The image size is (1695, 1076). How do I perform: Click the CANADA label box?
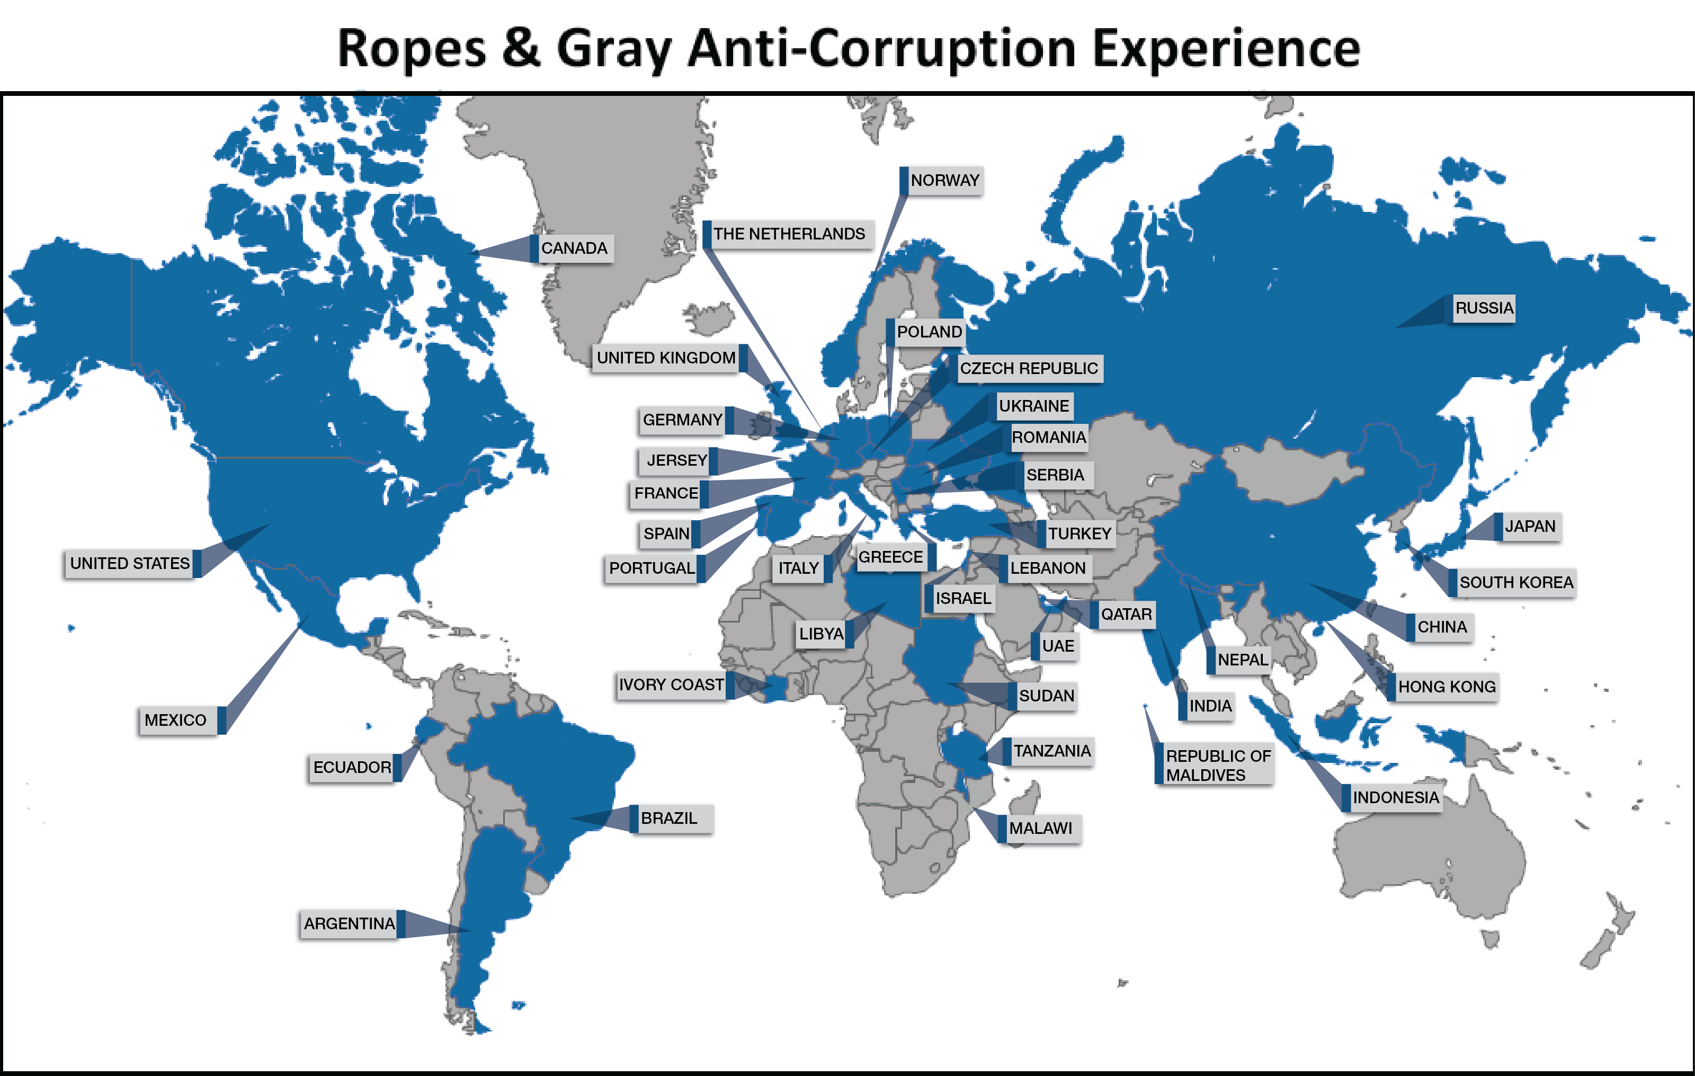click(x=574, y=248)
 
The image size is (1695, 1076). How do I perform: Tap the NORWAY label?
click(x=944, y=181)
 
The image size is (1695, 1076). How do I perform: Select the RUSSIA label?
click(x=1484, y=308)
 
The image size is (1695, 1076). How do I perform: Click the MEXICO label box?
click(x=176, y=721)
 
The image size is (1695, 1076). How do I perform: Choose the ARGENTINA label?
click(x=349, y=924)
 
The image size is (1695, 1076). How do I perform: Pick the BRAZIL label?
click(x=668, y=819)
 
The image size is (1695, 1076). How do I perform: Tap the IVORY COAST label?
click(x=671, y=685)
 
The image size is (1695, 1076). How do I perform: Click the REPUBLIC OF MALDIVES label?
click(x=1217, y=764)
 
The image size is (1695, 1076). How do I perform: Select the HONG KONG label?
click(x=1447, y=687)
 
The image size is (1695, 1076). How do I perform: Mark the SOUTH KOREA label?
click(x=1515, y=583)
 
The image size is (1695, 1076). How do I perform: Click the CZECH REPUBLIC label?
click(x=1029, y=369)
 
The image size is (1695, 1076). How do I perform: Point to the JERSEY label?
click(x=676, y=460)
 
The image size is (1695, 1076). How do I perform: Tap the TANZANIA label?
click(x=1051, y=751)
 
